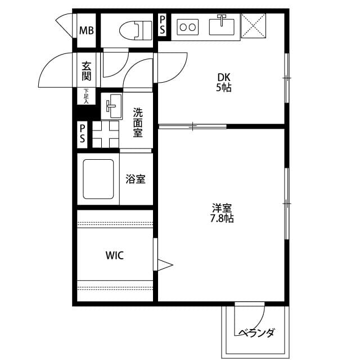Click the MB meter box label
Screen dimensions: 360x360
(87, 30)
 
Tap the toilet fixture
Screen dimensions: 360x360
(136, 30)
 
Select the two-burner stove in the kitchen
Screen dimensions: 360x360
(187, 27)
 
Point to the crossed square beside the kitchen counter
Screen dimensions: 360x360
(253, 25)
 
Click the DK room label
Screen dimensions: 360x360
(224, 78)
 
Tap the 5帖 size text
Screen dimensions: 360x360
(224, 88)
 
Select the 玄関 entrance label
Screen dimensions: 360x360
(87, 71)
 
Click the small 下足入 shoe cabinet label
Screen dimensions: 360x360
(86, 96)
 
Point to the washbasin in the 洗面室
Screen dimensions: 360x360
(111, 106)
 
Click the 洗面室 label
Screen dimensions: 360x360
(138, 123)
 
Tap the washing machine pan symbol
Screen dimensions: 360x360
(106, 134)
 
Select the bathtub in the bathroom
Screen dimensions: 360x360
(98, 179)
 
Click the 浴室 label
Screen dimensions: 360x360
(136, 179)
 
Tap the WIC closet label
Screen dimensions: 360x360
(115, 255)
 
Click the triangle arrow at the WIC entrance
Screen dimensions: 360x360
(165, 265)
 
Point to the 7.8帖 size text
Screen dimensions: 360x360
(222, 218)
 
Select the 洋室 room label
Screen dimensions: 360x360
(222, 208)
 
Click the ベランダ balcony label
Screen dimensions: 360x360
(256, 332)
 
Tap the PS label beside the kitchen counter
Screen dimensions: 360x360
(163, 25)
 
